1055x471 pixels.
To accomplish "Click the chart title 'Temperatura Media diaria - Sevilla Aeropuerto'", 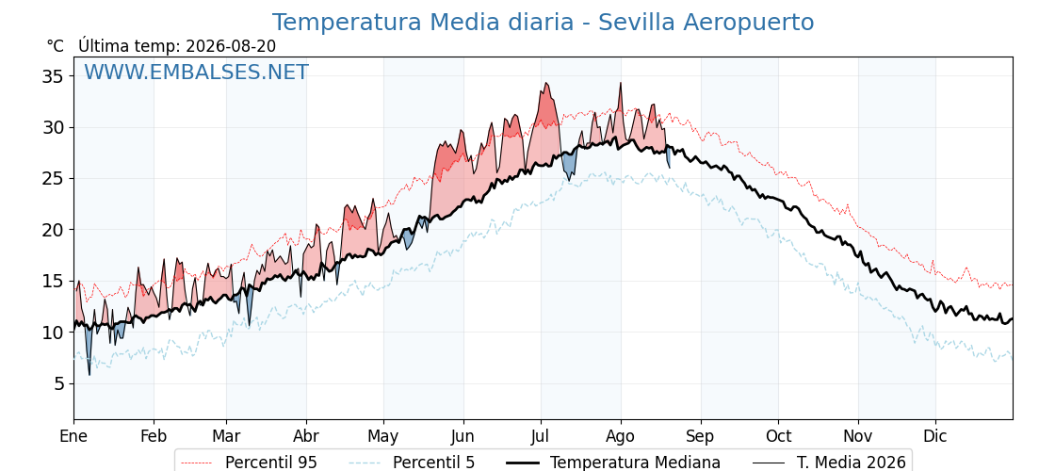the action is pos(543,23).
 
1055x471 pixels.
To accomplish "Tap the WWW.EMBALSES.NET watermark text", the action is pos(197,72).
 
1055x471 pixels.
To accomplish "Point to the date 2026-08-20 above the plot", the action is pos(231,46).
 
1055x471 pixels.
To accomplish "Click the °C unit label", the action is pos(56,46).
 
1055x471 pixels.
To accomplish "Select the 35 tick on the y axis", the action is pos(54,76).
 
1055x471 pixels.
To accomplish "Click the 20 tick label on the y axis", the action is pos(54,230).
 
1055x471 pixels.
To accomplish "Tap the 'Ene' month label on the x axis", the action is pos(73,436).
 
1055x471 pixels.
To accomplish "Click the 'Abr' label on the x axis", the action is pos(306,436).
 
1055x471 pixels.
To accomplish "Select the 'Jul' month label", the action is pos(541,436).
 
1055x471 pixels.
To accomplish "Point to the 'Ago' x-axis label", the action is pos(621,436).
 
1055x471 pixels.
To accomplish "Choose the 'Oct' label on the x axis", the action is pos(778,436).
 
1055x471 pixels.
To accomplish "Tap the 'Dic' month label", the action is pos(935,436).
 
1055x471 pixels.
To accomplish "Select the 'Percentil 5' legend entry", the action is pos(412,463).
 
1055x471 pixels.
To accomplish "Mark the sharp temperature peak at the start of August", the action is pos(621,84).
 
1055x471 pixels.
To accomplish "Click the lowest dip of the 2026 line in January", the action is pos(89,374).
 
